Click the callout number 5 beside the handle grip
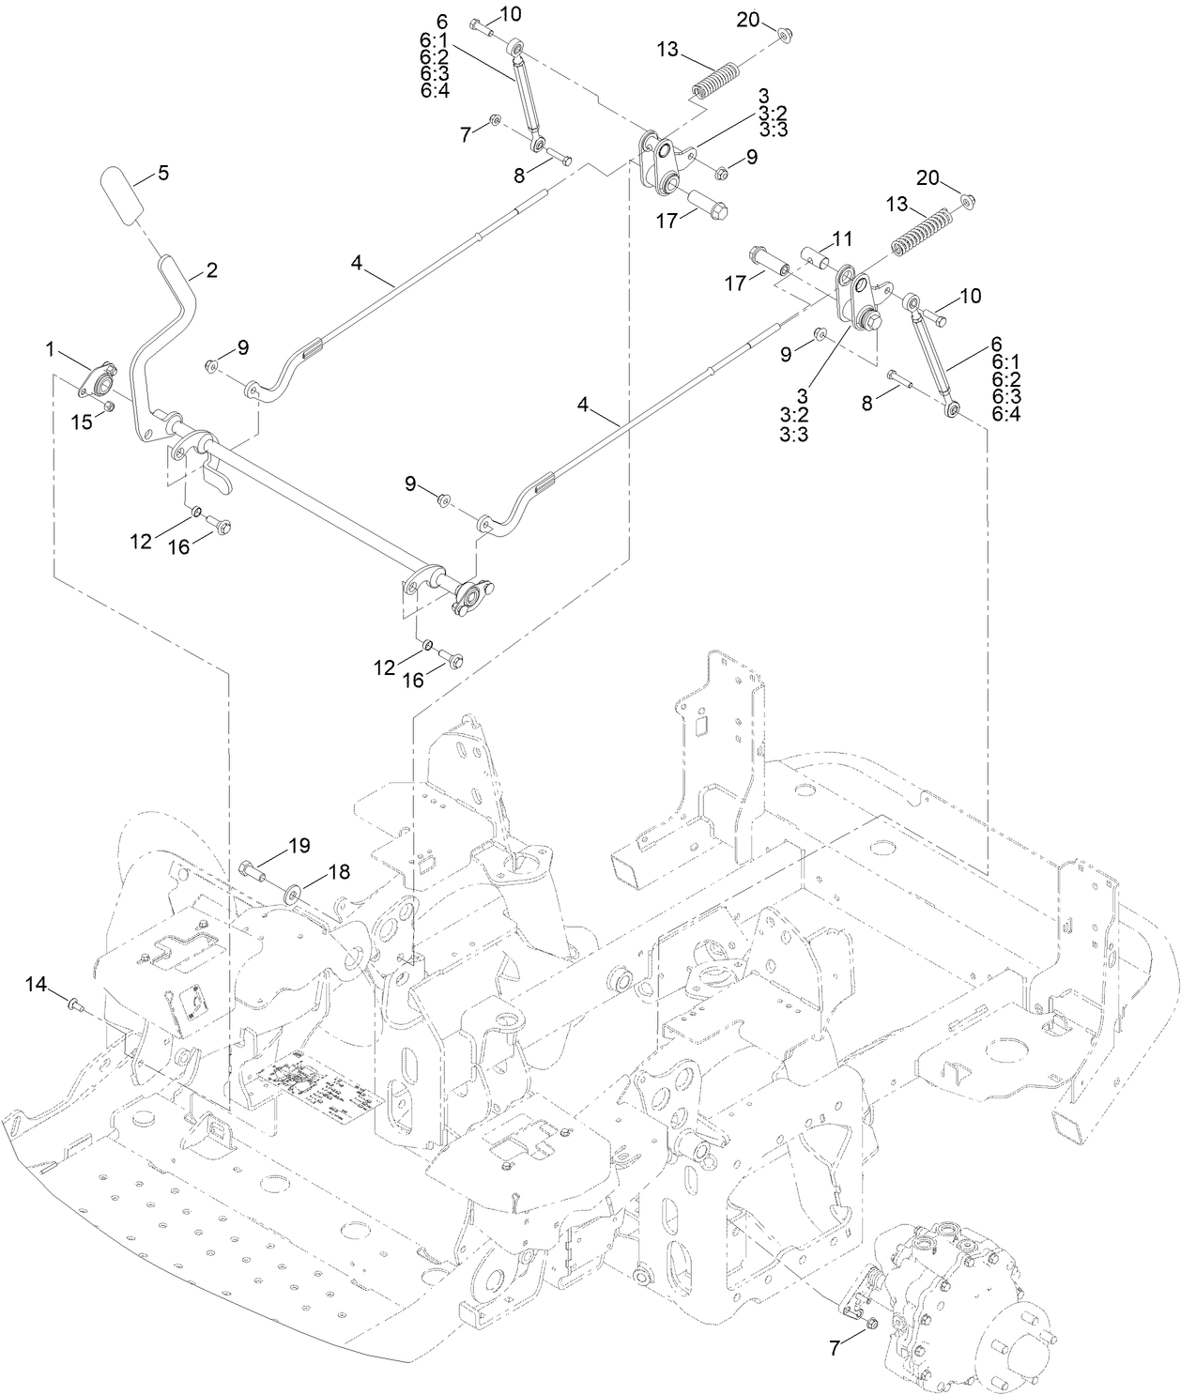(162, 173)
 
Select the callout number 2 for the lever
(211, 270)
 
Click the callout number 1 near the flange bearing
(50, 349)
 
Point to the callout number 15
(84, 422)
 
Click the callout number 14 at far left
(35, 983)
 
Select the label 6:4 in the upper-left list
(435, 90)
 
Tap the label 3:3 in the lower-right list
(793, 434)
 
